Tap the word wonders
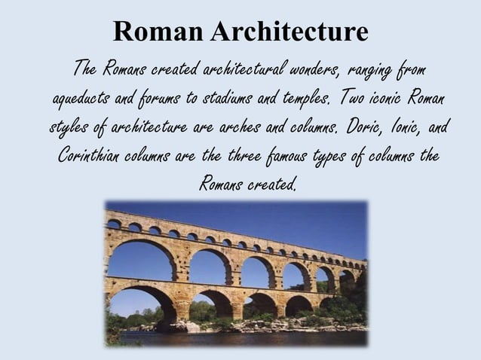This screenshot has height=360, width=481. coord(315,72)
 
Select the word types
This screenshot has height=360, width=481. coord(339,157)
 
